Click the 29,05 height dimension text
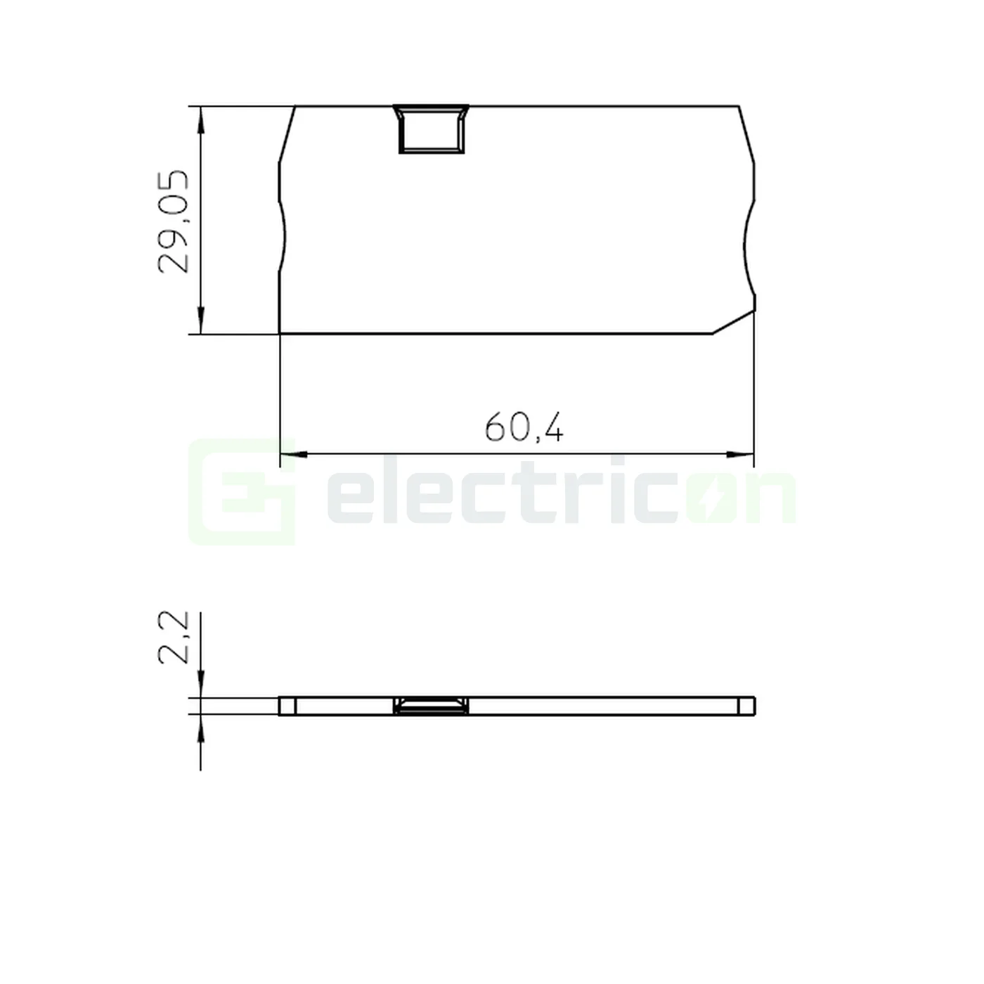(x=174, y=221)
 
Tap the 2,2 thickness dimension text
(x=174, y=637)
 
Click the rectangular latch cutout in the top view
(x=431, y=130)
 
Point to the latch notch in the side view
(x=431, y=706)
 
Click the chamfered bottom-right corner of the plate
(x=734, y=322)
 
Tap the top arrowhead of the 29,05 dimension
(x=201, y=119)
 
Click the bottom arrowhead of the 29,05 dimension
(x=201, y=321)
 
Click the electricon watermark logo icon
(x=241, y=492)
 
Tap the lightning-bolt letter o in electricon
(x=708, y=500)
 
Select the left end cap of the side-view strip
(x=287, y=706)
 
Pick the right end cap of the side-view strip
(x=747, y=706)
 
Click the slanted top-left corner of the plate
(x=287, y=134)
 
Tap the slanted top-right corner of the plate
(x=746, y=134)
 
